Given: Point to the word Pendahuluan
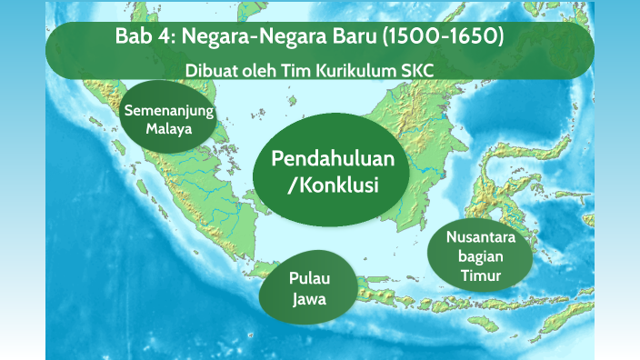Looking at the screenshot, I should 333,158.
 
